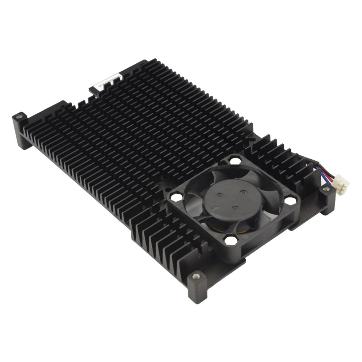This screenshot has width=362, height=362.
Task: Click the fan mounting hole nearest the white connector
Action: point(290,200)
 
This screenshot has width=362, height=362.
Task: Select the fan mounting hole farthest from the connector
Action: point(176,197)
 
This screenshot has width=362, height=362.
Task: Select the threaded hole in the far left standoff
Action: point(20,117)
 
